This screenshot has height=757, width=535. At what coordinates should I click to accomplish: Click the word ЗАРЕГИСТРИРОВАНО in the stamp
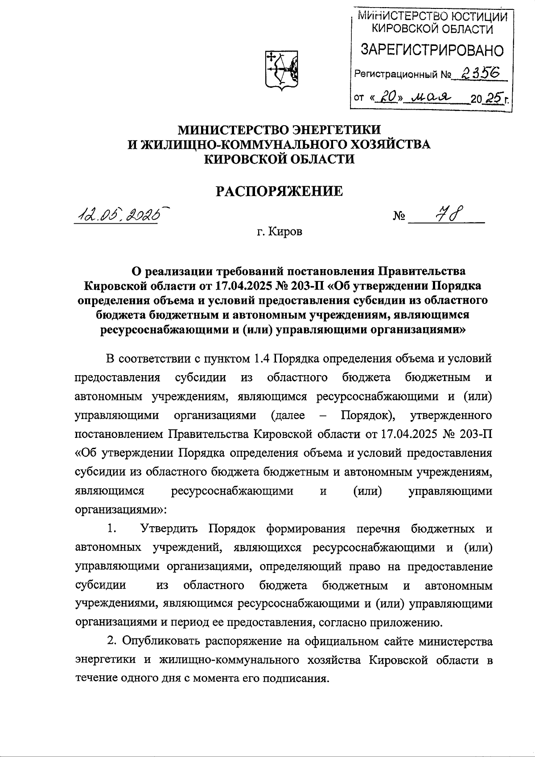pos(432,50)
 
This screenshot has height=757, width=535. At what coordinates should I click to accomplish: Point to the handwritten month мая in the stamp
pos(431,97)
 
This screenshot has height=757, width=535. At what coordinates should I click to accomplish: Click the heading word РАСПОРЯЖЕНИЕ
pos(280,191)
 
